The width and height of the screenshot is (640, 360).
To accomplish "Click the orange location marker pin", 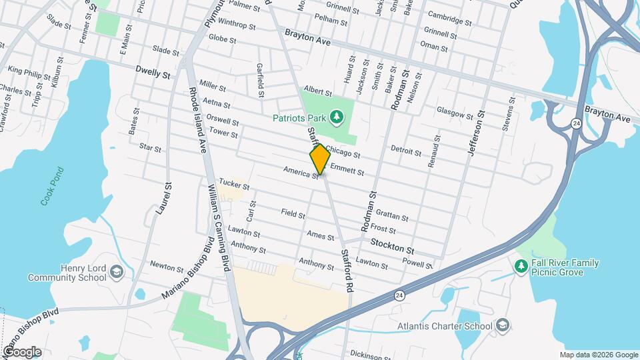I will coord(320,159).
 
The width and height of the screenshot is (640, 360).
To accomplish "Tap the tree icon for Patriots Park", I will coord(337,117).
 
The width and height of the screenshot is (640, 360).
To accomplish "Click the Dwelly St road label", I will coord(153,73).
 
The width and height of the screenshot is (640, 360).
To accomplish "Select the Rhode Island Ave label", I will coord(197,117).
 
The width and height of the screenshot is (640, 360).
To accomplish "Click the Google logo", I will coord(22,351).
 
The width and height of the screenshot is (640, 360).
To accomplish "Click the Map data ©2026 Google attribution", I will coord(598,355).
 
